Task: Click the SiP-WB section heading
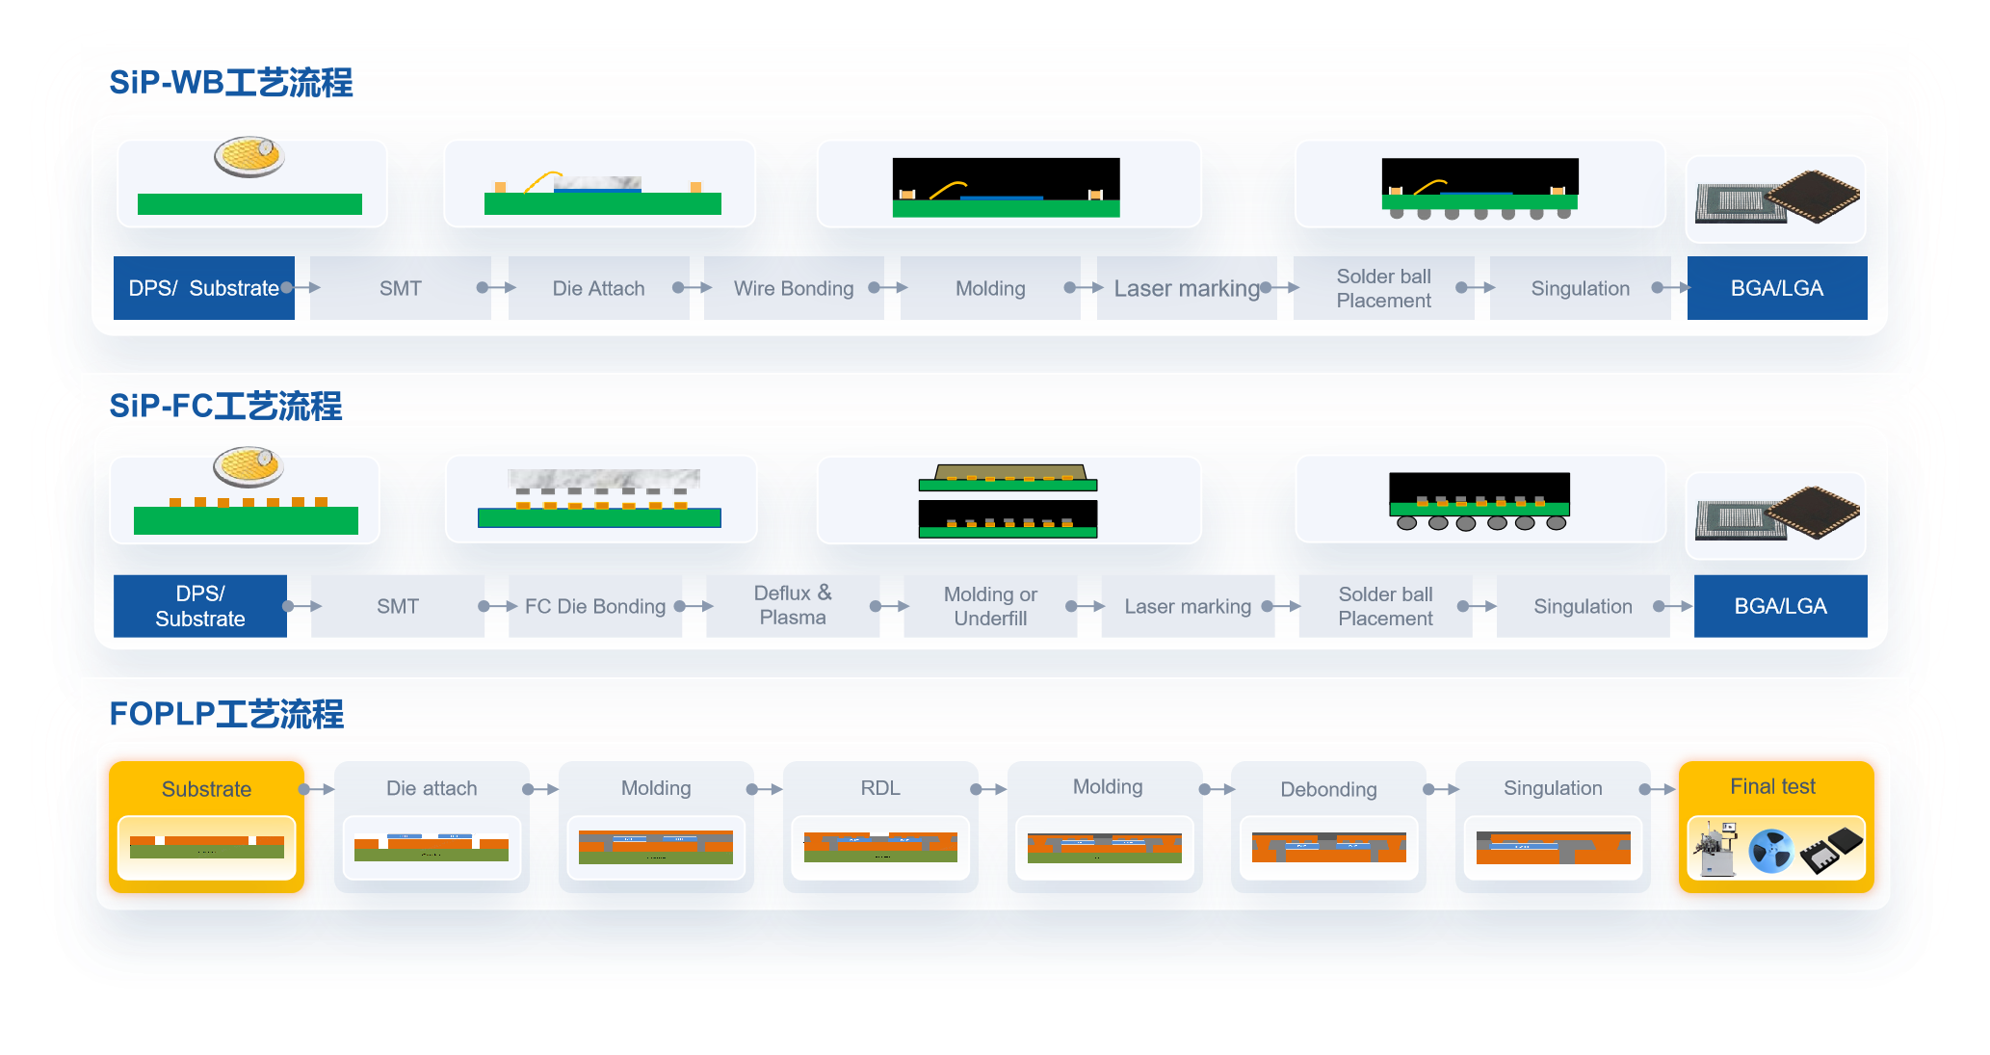coord(230,83)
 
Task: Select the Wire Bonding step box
coord(794,288)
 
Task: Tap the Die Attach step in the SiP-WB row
coord(598,288)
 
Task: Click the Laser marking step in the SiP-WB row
coord(1187,288)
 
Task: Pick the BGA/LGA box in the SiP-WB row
coord(1776,288)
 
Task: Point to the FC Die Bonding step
coord(595,606)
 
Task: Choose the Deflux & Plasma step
coord(793,605)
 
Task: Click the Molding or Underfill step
coord(990,606)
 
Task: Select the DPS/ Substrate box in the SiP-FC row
coord(200,606)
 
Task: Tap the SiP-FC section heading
coord(225,407)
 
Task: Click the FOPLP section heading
coord(226,714)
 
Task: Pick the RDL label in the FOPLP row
coord(880,788)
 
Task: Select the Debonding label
coord(1328,789)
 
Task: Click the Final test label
coord(1772,786)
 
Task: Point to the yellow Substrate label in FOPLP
coord(206,789)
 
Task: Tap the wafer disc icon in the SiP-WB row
coord(249,156)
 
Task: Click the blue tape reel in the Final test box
coord(1770,850)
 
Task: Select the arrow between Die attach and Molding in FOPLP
coord(543,789)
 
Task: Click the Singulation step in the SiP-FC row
coord(1583,606)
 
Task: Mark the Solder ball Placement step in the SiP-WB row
coord(1383,288)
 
